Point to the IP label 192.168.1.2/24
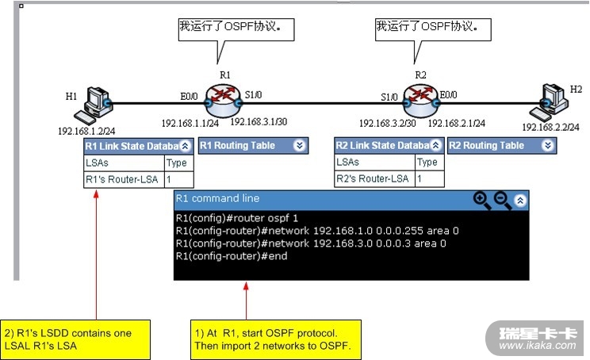click(x=86, y=131)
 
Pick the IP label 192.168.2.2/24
click(x=550, y=127)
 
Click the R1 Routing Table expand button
click(x=299, y=146)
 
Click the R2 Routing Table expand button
click(x=548, y=146)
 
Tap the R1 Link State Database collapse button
click(x=185, y=146)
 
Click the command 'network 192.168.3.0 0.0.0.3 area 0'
click(x=310, y=243)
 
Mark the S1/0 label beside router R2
click(x=389, y=97)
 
